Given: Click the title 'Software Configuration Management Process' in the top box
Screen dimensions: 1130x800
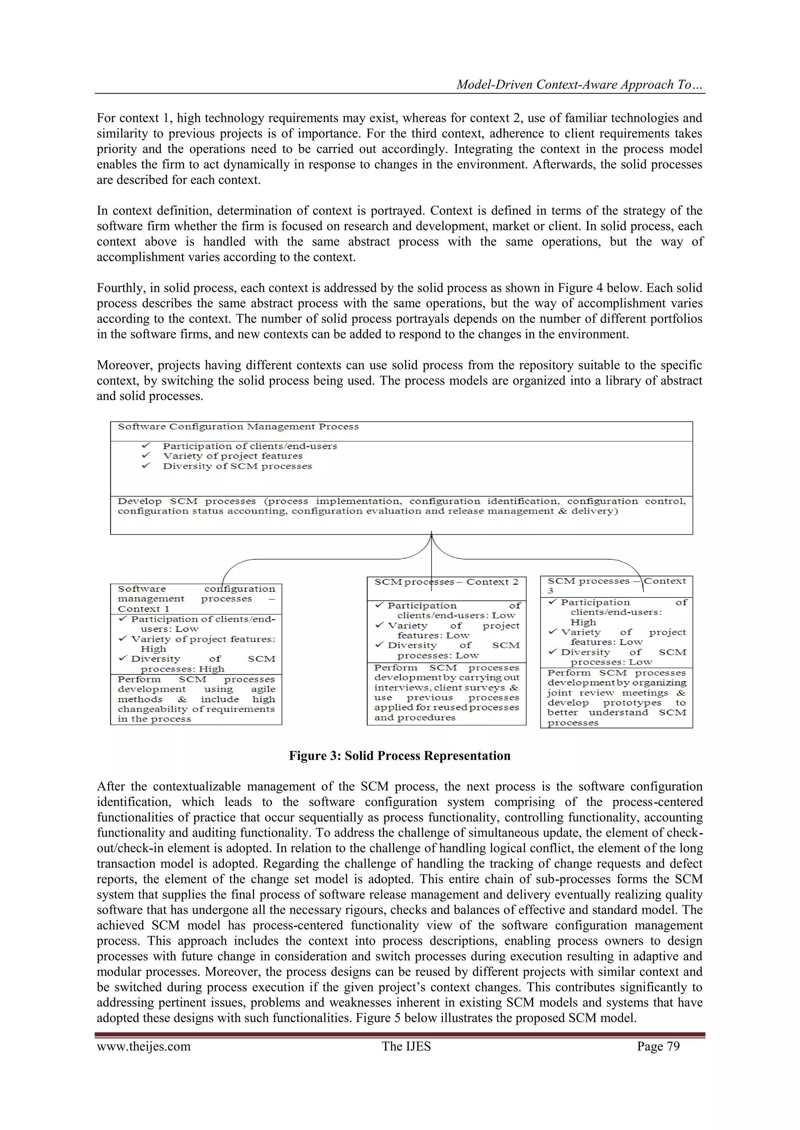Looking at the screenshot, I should point(238,427).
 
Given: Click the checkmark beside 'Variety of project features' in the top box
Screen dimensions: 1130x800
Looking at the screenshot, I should point(146,456).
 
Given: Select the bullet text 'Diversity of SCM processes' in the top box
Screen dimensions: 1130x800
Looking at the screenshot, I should point(237,466).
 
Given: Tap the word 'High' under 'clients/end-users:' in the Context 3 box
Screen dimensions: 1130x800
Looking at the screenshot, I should point(583,622).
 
